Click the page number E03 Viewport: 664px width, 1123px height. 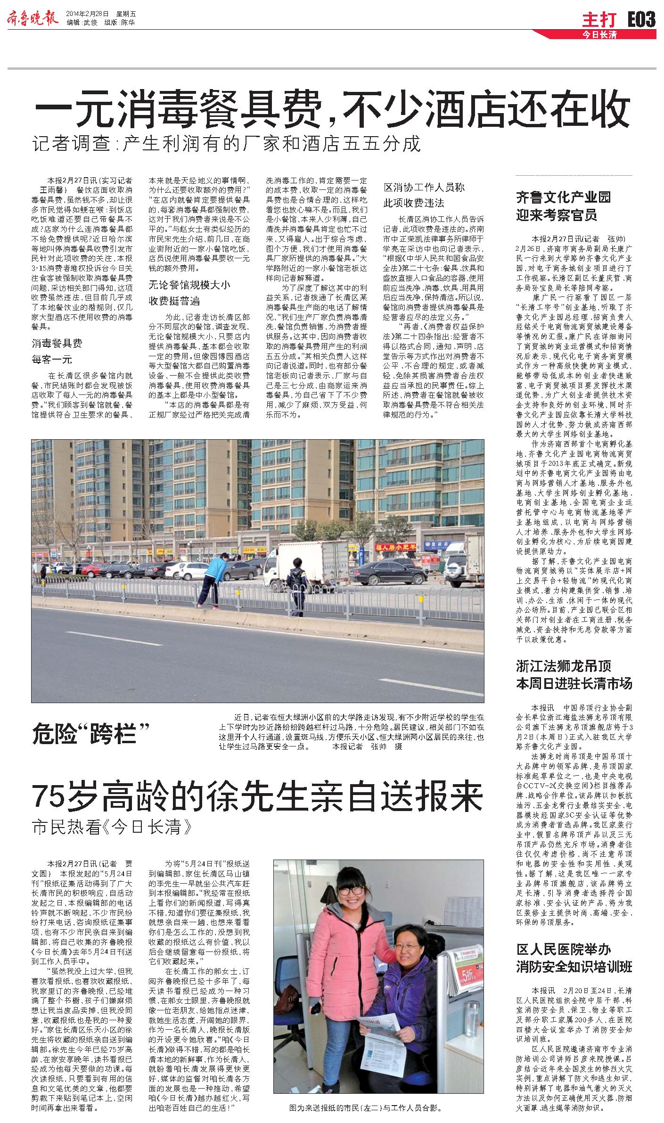641,19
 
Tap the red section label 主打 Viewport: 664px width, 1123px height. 599,20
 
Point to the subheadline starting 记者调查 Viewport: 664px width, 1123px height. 226,144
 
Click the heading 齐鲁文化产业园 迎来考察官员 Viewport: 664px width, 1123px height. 563,206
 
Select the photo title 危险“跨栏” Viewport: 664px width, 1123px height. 91,734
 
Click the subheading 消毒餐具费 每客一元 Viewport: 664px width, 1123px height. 57,352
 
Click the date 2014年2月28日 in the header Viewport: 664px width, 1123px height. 87,13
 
